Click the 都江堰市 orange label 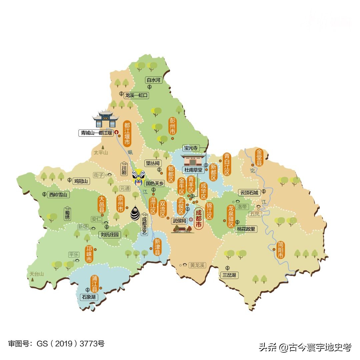click(x=127, y=134)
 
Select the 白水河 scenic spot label click(x=154, y=80)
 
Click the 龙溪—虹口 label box click(x=136, y=95)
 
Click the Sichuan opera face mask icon click(x=138, y=177)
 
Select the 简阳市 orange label click(x=280, y=250)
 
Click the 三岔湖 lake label click(x=229, y=275)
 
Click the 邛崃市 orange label click(x=89, y=254)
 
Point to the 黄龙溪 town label click(x=197, y=265)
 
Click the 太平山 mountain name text click(x=101, y=153)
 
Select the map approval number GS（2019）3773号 click(x=56, y=344)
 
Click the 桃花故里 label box click(x=246, y=229)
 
